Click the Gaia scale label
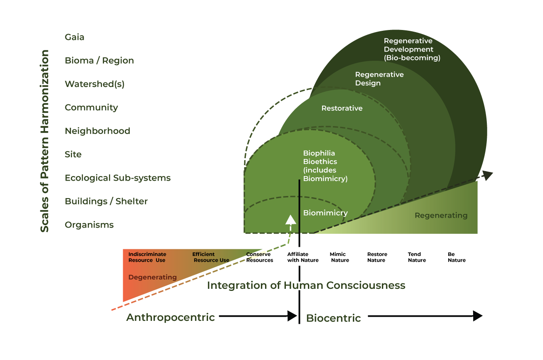[74, 37]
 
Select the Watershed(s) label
[94, 84]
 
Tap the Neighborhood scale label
[97, 131]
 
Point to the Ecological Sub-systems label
[118, 178]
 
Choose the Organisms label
[89, 225]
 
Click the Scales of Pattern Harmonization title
[45, 141]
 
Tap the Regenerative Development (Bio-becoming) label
[412, 50]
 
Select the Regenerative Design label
[379, 79]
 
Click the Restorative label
[342, 108]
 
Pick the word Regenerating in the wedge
[441, 216]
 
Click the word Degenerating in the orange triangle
[152, 277]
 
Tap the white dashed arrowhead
[290, 219]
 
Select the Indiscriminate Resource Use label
[147, 257]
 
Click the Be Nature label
[456, 257]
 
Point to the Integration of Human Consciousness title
[306, 286]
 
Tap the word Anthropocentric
[170, 318]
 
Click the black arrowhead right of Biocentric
[477, 316]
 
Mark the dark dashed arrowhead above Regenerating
[488, 175]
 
